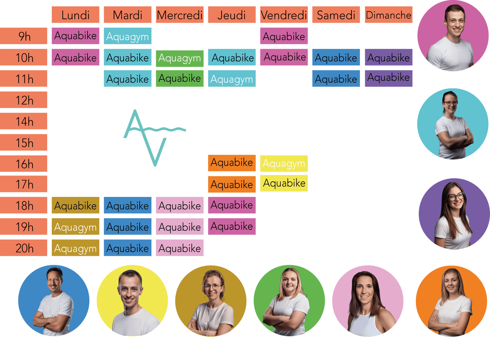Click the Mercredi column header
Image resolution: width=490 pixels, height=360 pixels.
[180, 15]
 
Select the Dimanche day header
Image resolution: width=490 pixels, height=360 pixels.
[388, 15]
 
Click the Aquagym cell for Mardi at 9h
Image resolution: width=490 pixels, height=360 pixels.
[128, 36]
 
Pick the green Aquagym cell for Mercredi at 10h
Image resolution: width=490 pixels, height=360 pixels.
[180, 58]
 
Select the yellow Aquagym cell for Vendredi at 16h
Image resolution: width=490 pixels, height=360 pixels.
[284, 163]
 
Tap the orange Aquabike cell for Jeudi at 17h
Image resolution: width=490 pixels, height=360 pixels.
[232, 184]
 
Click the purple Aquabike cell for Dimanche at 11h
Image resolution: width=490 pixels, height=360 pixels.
[388, 78]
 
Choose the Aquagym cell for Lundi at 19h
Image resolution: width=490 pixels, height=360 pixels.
[76, 227]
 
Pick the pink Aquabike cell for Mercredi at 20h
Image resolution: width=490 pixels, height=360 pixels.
[180, 248]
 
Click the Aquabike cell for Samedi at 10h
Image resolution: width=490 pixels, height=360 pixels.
[336, 58]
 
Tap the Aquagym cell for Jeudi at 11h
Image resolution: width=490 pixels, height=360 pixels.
[232, 79]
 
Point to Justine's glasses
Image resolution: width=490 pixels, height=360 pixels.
[456, 197]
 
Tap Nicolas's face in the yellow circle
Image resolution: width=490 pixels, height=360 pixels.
[130, 289]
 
